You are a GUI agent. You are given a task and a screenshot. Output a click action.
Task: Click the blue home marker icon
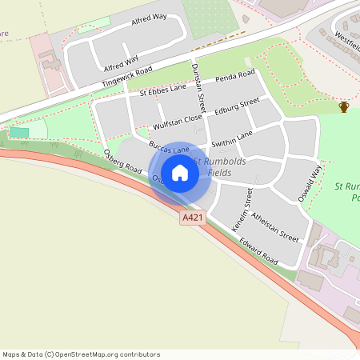[x=180, y=173]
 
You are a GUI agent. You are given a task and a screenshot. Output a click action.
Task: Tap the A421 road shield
[x=192, y=217]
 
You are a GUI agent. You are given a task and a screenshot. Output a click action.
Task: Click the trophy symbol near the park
[x=344, y=107]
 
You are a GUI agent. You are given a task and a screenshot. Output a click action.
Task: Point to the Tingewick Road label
[x=126, y=78]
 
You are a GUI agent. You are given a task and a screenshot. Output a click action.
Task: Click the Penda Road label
[x=235, y=78]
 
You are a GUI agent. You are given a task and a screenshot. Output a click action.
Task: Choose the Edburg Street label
[x=237, y=107]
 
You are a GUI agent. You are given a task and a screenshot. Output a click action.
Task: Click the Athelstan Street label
[x=274, y=227]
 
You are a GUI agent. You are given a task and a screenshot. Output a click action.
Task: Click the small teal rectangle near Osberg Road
[x=18, y=132]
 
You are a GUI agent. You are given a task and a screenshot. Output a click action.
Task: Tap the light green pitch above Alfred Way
[x=94, y=23]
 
